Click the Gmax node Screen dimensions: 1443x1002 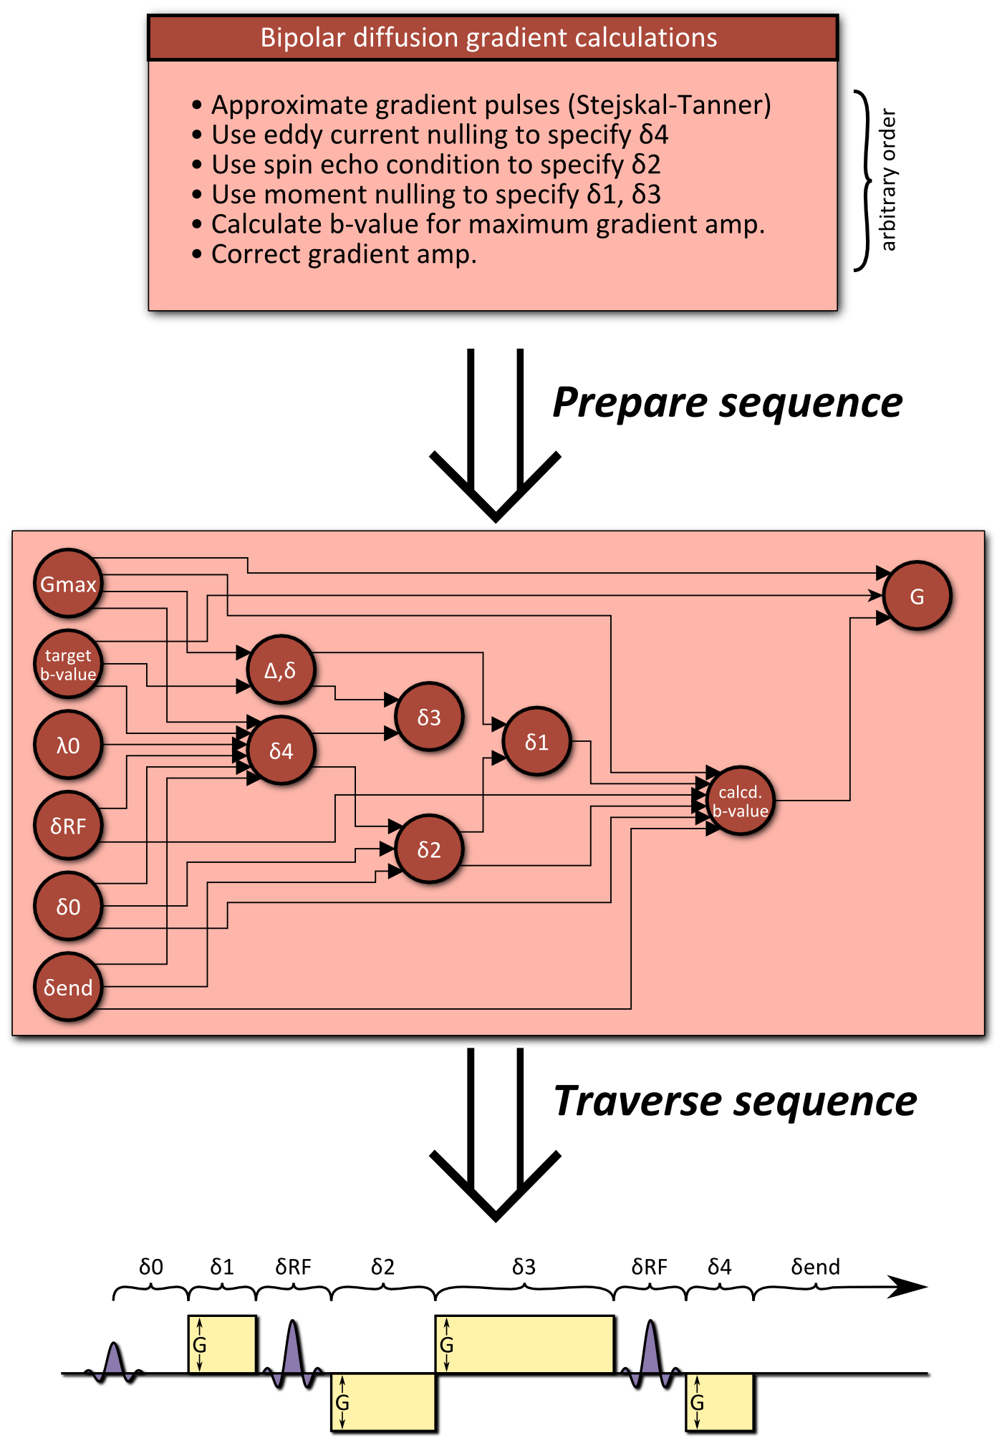pos(68,584)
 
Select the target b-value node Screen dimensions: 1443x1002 pos(68,665)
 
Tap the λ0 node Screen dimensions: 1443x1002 pos(68,745)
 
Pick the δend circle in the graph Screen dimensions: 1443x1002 pos(68,988)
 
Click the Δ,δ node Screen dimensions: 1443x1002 pos(280,670)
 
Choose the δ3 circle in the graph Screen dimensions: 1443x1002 pos(429,717)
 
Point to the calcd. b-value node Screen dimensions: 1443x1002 pos(740,801)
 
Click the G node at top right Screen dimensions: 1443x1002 pos(917,596)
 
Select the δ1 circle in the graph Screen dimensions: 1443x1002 pos(536,742)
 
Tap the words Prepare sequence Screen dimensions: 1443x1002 pos(727,402)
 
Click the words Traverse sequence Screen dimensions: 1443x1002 pos(735,1101)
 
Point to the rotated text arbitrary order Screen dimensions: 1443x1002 pos(888,180)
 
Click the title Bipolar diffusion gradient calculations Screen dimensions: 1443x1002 pos(488,38)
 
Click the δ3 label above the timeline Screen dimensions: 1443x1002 pos(524,1268)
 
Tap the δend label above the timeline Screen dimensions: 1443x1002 pos(815,1268)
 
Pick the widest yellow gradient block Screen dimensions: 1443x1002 pos(525,1345)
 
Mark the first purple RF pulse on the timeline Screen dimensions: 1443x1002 pos(114,1361)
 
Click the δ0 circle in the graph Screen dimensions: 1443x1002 pos(68,907)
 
